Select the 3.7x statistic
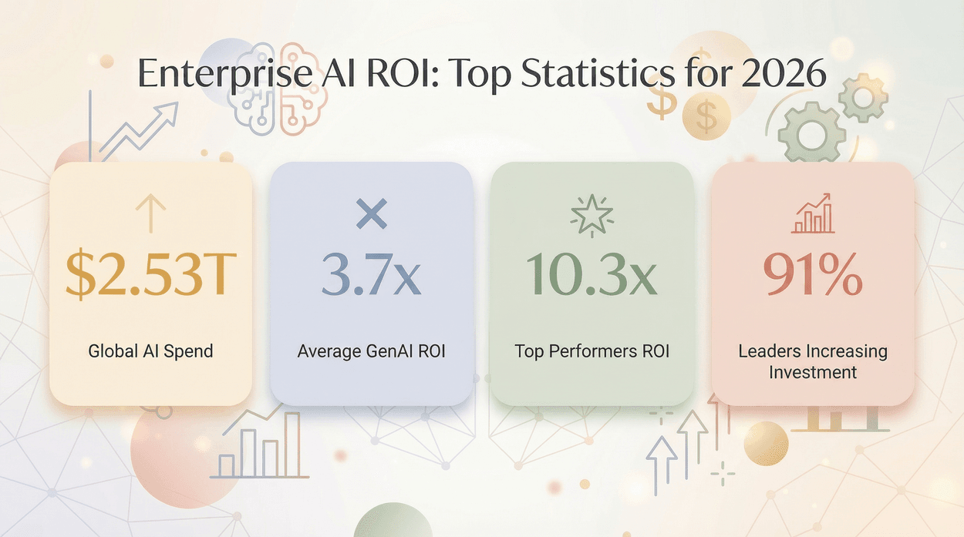(371, 276)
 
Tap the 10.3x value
(592, 276)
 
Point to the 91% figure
(812, 276)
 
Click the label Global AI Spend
(150, 351)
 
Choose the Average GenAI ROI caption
(371, 351)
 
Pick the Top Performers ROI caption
(592, 351)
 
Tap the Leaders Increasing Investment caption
(812, 361)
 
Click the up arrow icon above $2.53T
(150, 213)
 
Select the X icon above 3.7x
(371, 213)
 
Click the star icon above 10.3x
(592, 213)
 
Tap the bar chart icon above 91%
(812, 213)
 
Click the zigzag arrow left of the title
(139, 131)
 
